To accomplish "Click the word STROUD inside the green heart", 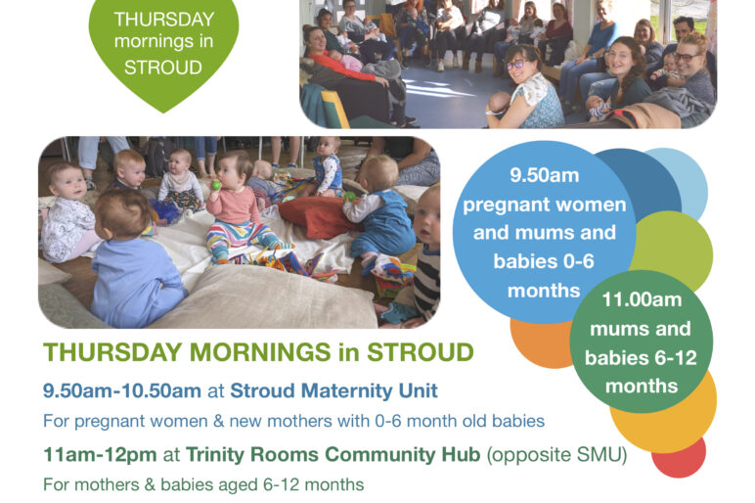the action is [x=163, y=67].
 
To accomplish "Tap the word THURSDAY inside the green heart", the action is [x=163, y=20].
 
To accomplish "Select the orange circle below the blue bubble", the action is [x=539, y=343].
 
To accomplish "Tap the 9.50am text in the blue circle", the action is [x=545, y=175].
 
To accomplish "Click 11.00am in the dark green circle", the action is [x=642, y=299].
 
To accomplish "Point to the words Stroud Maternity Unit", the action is [x=333, y=390].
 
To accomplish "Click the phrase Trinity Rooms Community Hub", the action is [x=333, y=454].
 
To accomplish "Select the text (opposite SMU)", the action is [x=556, y=454].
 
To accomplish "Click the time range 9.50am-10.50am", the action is [x=122, y=390].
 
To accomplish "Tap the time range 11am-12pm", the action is [x=100, y=454].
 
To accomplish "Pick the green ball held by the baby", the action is [x=216, y=185].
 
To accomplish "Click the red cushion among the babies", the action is [x=316, y=217].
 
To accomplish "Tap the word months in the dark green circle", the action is [x=642, y=386].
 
